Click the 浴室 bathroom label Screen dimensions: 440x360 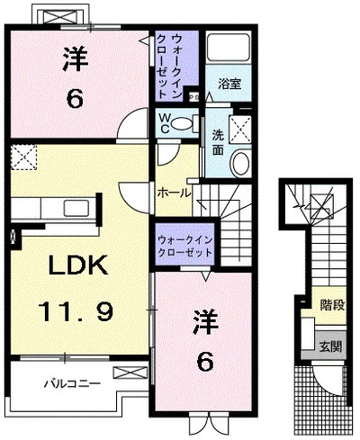[x=229, y=84]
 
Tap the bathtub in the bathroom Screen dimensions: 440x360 [x=228, y=49]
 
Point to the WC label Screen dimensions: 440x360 [x=166, y=122]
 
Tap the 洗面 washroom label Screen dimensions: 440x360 [x=218, y=142]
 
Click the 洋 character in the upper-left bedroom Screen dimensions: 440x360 [x=74, y=58]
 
